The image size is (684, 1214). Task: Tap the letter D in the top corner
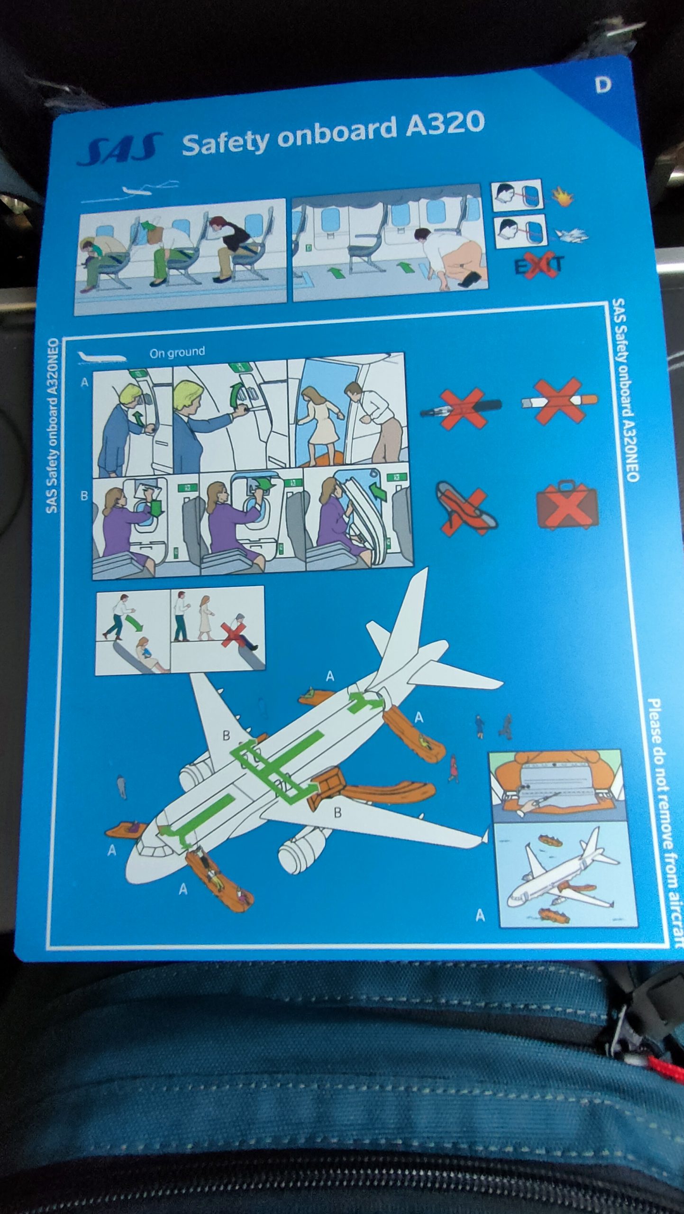[x=603, y=85]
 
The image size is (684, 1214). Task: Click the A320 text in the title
[x=445, y=125]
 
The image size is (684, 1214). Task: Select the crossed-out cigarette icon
[x=559, y=401]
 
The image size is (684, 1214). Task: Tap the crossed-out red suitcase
[x=567, y=505]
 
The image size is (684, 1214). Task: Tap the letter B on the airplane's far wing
[x=227, y=736]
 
